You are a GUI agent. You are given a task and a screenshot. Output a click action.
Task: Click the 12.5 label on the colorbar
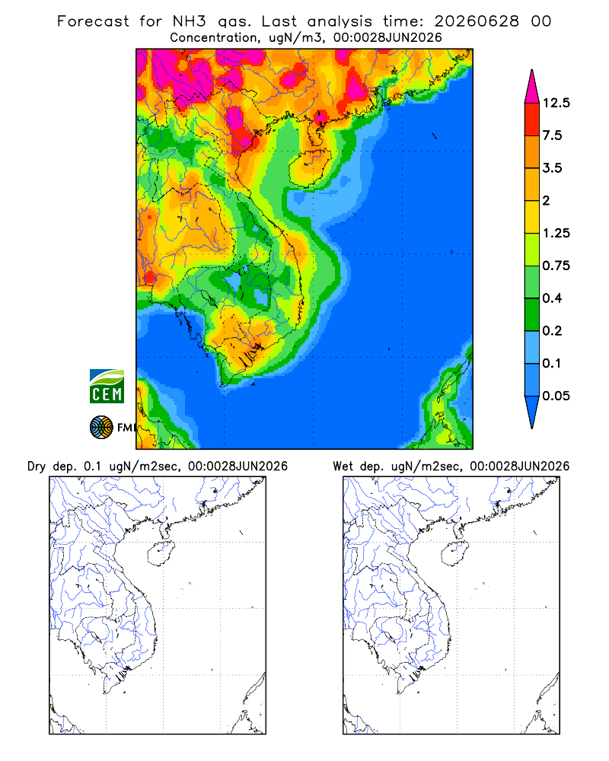(x=556, y=103)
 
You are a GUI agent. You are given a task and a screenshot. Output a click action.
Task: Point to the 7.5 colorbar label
(x=552, y=135)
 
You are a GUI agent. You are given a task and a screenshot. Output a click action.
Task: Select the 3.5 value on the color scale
(x=552, y=168)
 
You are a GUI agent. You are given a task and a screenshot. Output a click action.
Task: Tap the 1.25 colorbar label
(x=556, y=233)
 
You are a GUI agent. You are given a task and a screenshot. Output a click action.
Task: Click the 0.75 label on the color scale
(x=556, y=266)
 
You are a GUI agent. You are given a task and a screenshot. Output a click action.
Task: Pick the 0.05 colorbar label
(x=556, y=396)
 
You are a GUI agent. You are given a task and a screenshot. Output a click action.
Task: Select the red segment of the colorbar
(x=532, y=119)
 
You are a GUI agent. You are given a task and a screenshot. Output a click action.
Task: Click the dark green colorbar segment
(x=532, y=314)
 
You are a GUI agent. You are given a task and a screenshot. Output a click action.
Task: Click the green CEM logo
(x=107, y=387)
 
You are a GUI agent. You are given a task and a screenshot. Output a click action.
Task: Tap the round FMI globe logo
(x=101, y=428)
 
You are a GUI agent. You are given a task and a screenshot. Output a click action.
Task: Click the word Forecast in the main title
(x=93, y=21)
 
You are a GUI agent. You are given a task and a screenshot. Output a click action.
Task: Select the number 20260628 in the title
(x=477, y=21)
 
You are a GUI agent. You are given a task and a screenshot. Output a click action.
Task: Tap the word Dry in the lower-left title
(x=37, y=466)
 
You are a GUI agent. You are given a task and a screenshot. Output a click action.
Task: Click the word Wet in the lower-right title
(x=343, y=466)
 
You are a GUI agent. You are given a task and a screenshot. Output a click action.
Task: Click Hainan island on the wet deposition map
(x=455, y=554)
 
